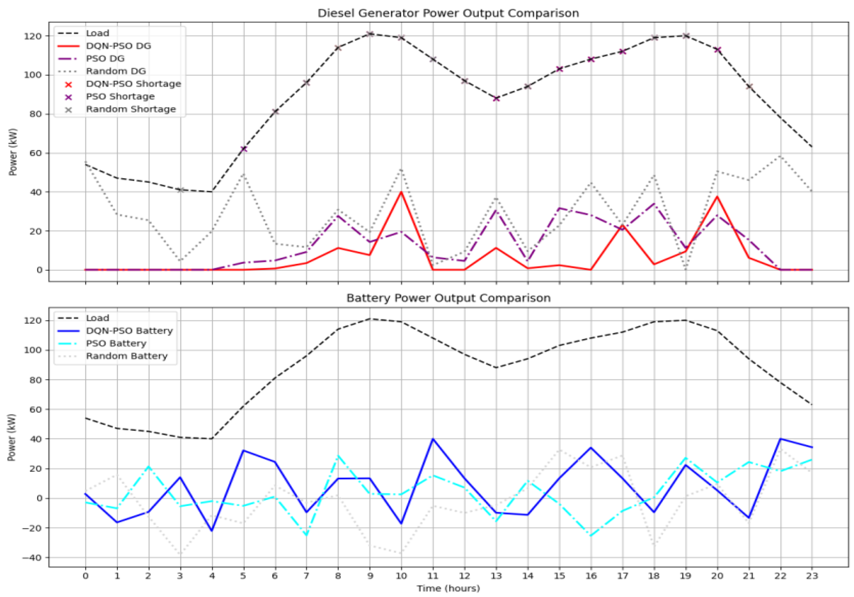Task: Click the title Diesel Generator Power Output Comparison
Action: click(x=448, y=13)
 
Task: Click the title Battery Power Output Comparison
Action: click(x=448, y=298)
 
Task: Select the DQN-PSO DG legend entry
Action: click(x=118, y=46)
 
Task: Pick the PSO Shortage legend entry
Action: click(x=120, y=97)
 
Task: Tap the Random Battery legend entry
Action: click(x=126, y=356)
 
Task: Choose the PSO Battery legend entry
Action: click(x=116, y=344)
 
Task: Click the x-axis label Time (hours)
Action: click(x=448, y=588)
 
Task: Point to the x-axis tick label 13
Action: click(x=496, y=576)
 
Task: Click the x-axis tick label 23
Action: click(x=811, y=576)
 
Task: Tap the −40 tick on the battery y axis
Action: click(x=33, y=558)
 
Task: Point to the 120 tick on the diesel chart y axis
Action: click(x=33, y=36)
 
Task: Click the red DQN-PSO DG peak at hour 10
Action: click(x=401, y=192)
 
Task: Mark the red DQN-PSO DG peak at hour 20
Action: click(x=717, y=197)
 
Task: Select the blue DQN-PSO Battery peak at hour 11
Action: click(x=433, y=439)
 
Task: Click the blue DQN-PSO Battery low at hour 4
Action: click(x=212, y=531)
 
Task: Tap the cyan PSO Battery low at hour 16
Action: click(x=591, y=536)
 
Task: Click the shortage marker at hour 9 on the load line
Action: click(x=370, y=34)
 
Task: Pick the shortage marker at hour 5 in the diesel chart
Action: click(x=243, y=149)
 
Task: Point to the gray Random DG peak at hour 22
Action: click(x=780, y=156)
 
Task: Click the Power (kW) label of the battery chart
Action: click(x=12, y=438)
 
